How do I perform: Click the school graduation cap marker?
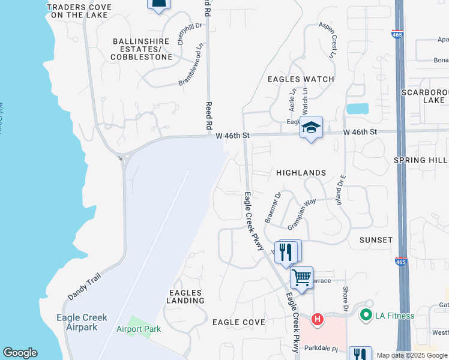(x=311, y=128)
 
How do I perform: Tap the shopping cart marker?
(x=301, y=278)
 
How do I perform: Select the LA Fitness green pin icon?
(x=365, y=314)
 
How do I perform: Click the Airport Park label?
(x=139, y=329)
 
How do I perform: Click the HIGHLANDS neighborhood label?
(x=301, y=173)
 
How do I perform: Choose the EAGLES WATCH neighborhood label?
(x=301, y=79)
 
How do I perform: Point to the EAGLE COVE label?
(x=239, y=322)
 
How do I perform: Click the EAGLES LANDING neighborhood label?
(x=185, y=296)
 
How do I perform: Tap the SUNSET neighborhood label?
(x=376, y=240)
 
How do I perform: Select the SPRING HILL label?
(x=420, y=160)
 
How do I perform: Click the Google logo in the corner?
(x=20, y=353)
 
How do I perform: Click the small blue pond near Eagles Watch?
(x=358, y=109)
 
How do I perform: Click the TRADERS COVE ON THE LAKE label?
(x=79, y=11)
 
